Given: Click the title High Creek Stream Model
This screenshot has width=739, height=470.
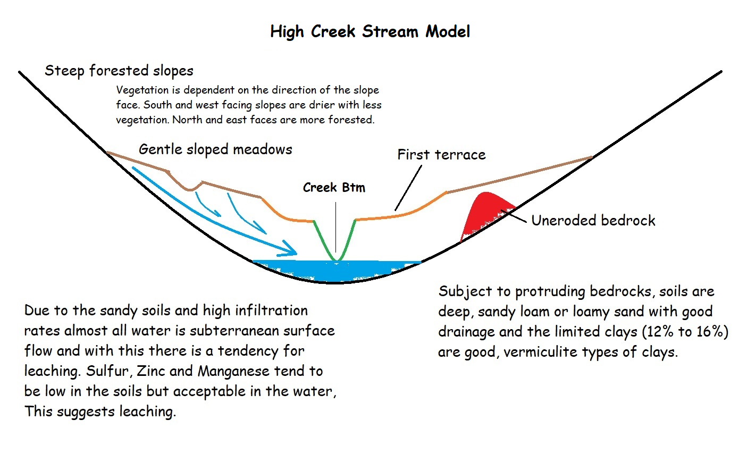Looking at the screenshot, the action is point(370,32).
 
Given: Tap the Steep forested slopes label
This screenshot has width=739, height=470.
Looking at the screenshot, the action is point(119,71).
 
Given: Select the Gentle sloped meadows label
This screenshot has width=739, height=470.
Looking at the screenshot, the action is point(215,149).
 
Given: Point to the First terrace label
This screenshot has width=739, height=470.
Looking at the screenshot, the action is point(441,154).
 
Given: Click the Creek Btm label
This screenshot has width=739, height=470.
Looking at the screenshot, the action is point(334,187).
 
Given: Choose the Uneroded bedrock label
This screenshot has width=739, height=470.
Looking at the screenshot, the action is point(593,220).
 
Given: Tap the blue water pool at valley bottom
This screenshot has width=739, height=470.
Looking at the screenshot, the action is point(337,271).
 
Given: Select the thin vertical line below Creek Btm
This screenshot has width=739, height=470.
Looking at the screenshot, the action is point(336,227).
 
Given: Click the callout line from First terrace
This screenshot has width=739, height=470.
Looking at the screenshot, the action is point(408,188).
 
